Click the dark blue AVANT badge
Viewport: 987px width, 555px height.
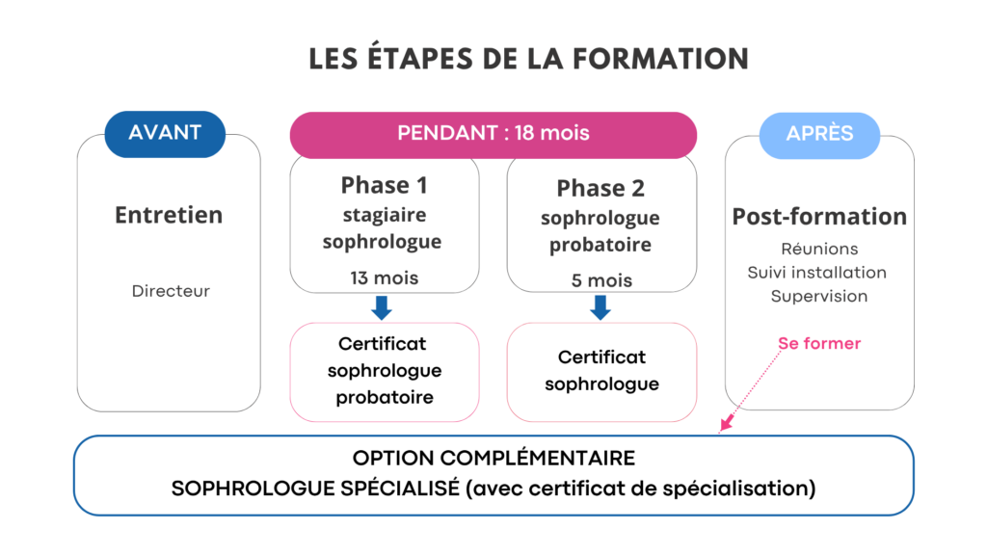click(x=165, y=134)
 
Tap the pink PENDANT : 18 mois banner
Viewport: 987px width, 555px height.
click(x=493, y=135)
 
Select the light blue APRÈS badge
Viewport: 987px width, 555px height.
click(x=819, y=135)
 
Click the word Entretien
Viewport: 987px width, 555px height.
click(x=169, y=215)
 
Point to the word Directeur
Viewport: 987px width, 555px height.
click(x=171, y=291)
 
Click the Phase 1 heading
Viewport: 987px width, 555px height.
click(x=384, y=186)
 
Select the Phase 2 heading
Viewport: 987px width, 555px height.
click(x=600, y=188)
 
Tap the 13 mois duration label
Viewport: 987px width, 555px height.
click(x=384, y=278)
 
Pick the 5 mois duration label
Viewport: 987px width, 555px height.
click(x=601, y=280)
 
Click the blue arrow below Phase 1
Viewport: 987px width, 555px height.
click(x=382, y=307)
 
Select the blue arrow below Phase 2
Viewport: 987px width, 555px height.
click(x=600, y=307)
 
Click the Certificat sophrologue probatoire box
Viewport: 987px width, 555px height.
click(x=385, y=372)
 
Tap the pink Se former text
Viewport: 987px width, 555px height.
click(x=819, y=344)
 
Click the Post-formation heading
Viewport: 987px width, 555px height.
click(x=819, y=217)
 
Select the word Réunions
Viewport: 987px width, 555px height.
click(x=819, y=250)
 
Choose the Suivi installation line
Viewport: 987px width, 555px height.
click(x=817, y=273)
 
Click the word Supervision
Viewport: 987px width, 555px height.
click(x=819, y=297)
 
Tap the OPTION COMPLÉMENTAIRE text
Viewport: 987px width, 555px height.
click(x=493, y=458)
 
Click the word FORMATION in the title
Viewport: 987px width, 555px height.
click(x=660, y=59)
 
